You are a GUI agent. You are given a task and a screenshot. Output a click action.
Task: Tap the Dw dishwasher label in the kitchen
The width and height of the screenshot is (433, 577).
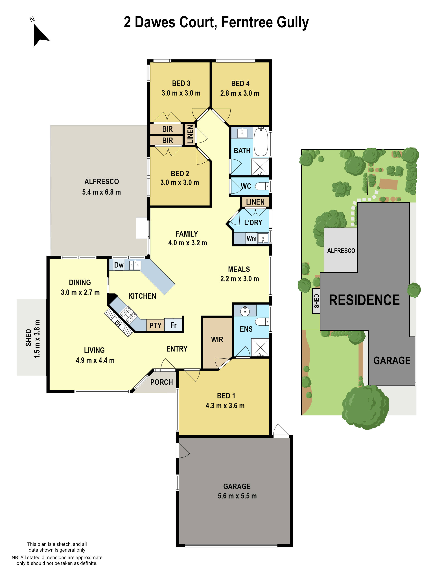pos(119,265)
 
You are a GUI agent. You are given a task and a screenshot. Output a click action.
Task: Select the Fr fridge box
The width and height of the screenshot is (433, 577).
pos(173,325)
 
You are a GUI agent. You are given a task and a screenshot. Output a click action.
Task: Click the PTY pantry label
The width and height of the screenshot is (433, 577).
pos(155,325)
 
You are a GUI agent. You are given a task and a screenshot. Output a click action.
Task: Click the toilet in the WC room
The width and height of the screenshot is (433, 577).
pos(262,186)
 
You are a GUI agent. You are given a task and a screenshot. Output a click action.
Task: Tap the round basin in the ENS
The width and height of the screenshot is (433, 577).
pos(245,311)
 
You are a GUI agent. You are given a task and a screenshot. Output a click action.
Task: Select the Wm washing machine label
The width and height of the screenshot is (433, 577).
pos(251,238)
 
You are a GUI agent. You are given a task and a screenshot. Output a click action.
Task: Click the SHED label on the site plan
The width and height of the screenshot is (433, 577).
pos(316,301)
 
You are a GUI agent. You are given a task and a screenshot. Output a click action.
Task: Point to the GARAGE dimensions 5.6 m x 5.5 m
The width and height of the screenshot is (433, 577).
pos(237,496)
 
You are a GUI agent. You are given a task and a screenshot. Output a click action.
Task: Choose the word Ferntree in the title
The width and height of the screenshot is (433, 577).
pos(247,22)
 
